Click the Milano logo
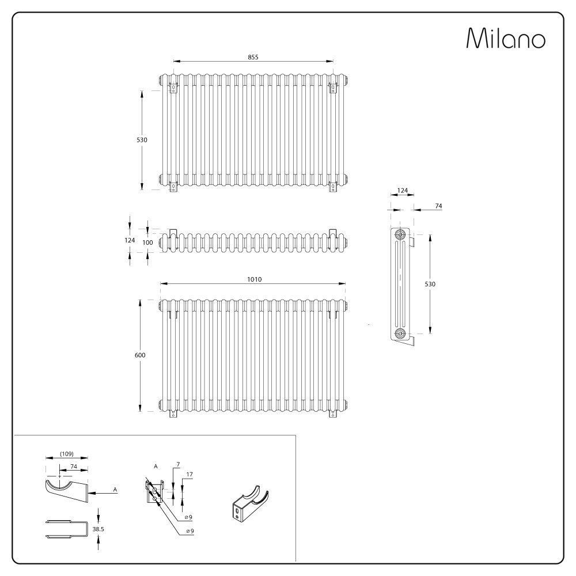506,38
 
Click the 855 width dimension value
253,56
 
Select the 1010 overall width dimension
254,279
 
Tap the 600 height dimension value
140,355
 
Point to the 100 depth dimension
147,242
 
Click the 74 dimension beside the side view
438,206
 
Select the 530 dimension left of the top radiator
142,140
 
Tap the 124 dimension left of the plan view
130,240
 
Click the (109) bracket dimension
67,453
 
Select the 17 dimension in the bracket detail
190,474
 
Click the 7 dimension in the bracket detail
179,464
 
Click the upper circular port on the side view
399,235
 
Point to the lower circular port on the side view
399,334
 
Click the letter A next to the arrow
115,490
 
